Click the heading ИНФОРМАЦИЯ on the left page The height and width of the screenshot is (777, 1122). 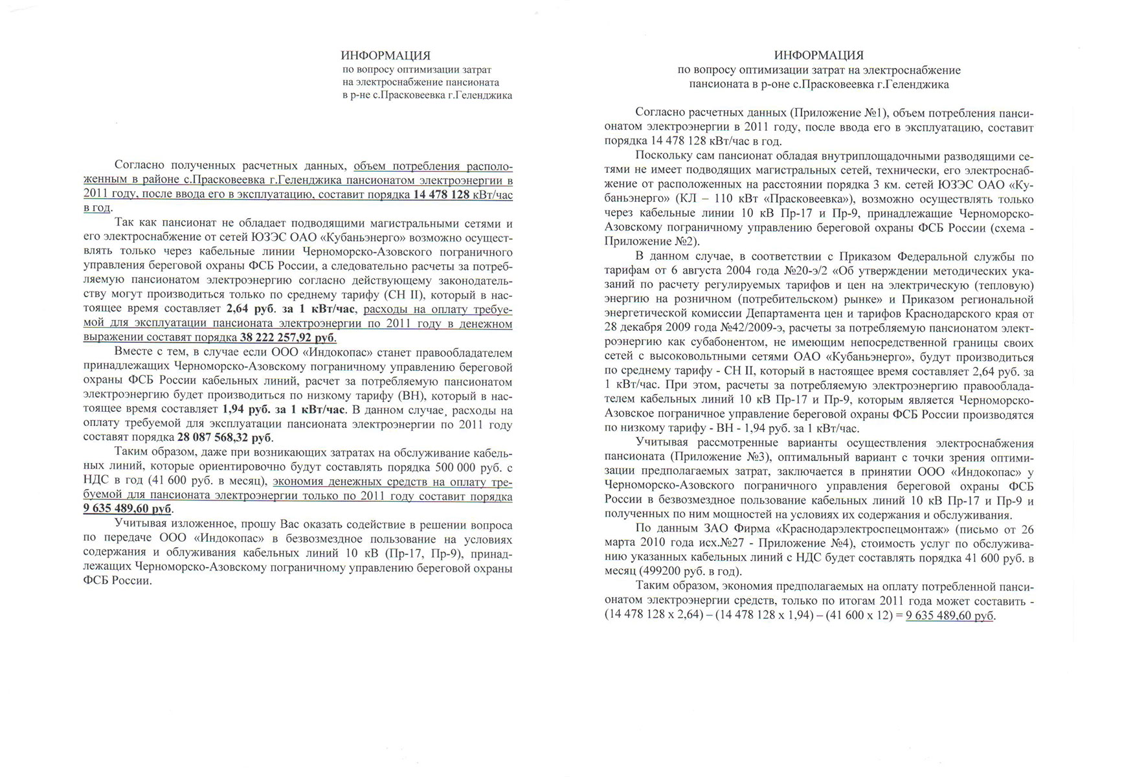click(x=385, y=56)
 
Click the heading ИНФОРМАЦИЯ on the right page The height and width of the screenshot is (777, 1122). click(x=818, y=56)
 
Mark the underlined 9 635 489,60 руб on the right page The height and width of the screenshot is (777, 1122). click(x=949, y=615)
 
